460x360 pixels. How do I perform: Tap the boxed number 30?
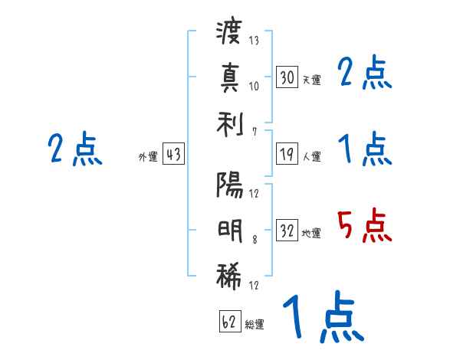pos(287,77)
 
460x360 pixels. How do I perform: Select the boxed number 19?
pos(287,154)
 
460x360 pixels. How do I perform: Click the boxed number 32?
pos(287,231)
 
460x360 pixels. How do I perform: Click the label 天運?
pos(311,80)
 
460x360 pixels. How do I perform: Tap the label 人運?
pos(311,156)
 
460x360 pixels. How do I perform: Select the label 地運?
pos(311,233)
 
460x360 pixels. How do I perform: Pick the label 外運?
pos(148,156)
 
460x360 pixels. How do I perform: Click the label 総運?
pos(255,325)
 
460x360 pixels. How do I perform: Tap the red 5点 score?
pos(364,225)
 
